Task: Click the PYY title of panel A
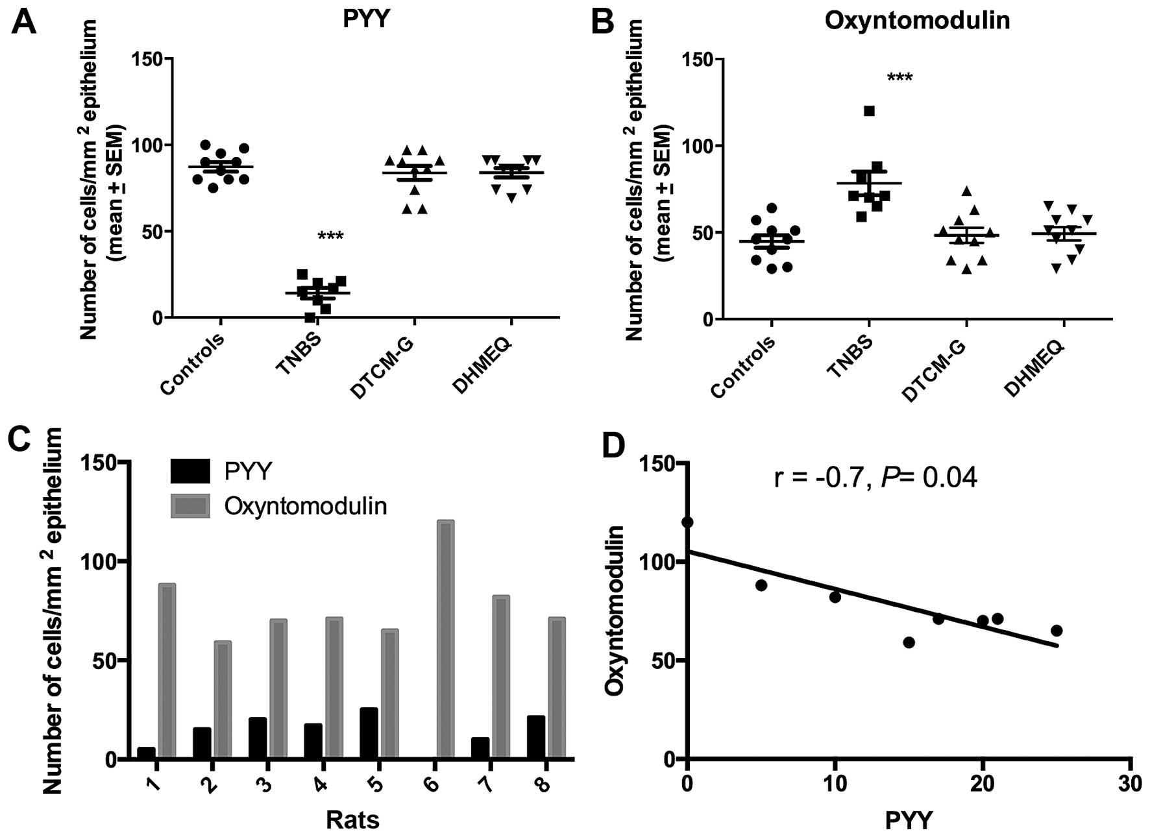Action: point(366,19)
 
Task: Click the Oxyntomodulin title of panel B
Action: point(917,20)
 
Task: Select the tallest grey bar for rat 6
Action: point(445,638)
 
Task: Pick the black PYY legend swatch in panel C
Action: point(190,471)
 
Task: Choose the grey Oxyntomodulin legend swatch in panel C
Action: point(190,506)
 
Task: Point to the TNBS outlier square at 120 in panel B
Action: point(869,111)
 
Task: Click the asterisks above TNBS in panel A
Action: point(330,236)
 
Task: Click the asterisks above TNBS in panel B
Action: point(899,79)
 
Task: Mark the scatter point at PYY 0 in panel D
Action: point(687,522)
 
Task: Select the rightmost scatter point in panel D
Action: point(1057,631)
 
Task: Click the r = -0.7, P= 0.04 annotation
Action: point(875,478)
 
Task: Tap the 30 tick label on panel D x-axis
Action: point(1130,784)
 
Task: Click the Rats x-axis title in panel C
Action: point(352,820)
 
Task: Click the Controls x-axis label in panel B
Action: point(742,367)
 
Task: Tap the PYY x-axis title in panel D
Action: point(909,821)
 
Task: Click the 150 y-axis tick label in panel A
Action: point(147,59)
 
